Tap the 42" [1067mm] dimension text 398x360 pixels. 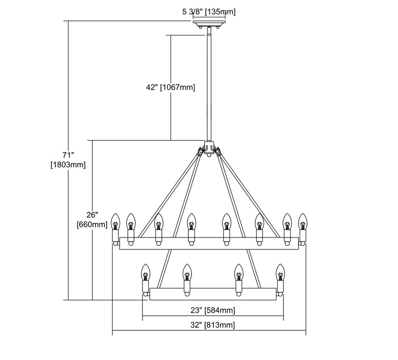coord(171,87)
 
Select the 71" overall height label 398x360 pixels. coord(68,155)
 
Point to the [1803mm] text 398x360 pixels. coord(68,165)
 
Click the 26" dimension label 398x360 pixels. coord(92,215)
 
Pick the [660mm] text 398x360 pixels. coord(92,224)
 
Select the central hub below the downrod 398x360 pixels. coord(209,147)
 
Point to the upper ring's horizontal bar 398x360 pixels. coord(209,243)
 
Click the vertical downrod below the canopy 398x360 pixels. coord(209,84)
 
